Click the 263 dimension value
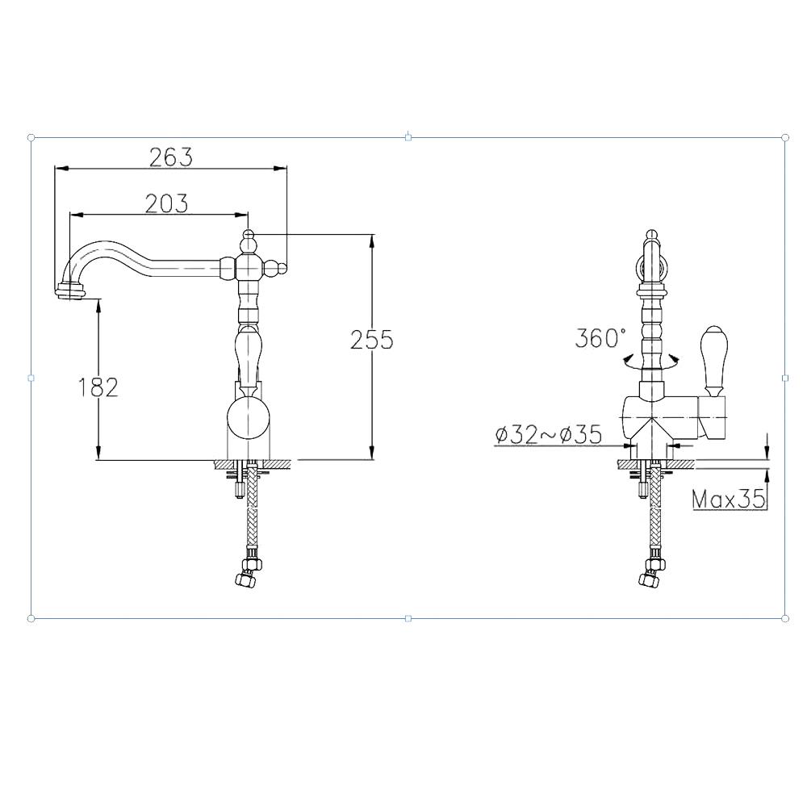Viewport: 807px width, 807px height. point(171,157)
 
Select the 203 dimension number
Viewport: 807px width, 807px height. point(166,203)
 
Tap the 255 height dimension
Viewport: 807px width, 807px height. point(371,340)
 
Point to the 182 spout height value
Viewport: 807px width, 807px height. point(98,387)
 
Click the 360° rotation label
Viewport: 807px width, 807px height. point(600,338)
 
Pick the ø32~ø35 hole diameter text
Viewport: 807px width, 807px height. point(549,435)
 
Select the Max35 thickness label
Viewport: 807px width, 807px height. point(729,499)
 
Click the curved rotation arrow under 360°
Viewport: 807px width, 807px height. point(650,362)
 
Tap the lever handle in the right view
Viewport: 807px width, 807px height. point(713,360)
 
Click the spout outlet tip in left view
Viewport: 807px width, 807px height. point(70,291)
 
